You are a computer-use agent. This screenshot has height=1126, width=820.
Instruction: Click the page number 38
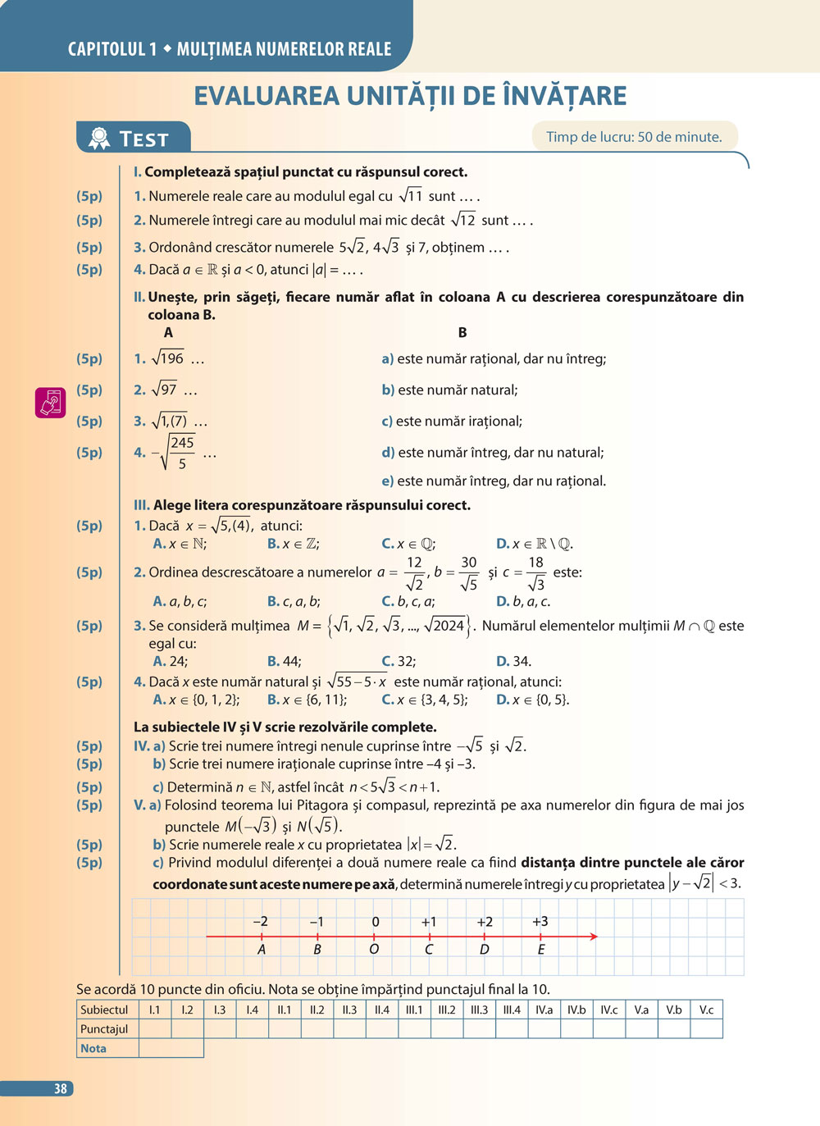click(61, 1088)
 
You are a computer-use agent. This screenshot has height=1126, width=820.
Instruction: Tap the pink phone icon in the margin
click(50, 403)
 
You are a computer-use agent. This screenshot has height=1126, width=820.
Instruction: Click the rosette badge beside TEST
click(99, 138)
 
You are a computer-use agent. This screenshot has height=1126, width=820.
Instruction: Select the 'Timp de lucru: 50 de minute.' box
click(634, 137)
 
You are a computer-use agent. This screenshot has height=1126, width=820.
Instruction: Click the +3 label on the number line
click(540, 922)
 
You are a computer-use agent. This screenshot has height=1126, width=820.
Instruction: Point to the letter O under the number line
click(374, 949)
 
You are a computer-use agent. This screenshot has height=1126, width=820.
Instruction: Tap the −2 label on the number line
click(260, 922)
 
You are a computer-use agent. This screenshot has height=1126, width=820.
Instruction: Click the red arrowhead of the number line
click(593, 937)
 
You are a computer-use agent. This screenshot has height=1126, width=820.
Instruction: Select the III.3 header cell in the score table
click(479, 1010)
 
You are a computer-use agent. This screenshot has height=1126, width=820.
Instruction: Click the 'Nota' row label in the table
click(93, 1048)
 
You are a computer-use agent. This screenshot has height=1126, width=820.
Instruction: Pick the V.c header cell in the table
click(706, 1010)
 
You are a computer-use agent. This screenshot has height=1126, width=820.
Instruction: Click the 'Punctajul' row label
click(104, 1028)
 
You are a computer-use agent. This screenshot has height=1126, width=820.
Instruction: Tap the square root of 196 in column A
click(168, 358)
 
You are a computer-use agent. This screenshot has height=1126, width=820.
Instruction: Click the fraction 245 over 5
click(182, 453)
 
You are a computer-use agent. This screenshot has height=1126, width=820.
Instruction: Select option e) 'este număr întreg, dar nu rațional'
click(494, 481)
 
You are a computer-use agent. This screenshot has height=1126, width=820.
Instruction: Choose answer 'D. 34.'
click(513, 661)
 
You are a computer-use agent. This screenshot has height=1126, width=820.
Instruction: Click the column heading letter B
click(462, 332)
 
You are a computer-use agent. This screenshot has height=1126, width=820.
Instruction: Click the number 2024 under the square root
click(448, 626)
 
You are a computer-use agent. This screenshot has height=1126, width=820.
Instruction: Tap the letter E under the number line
click(541, 950)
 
